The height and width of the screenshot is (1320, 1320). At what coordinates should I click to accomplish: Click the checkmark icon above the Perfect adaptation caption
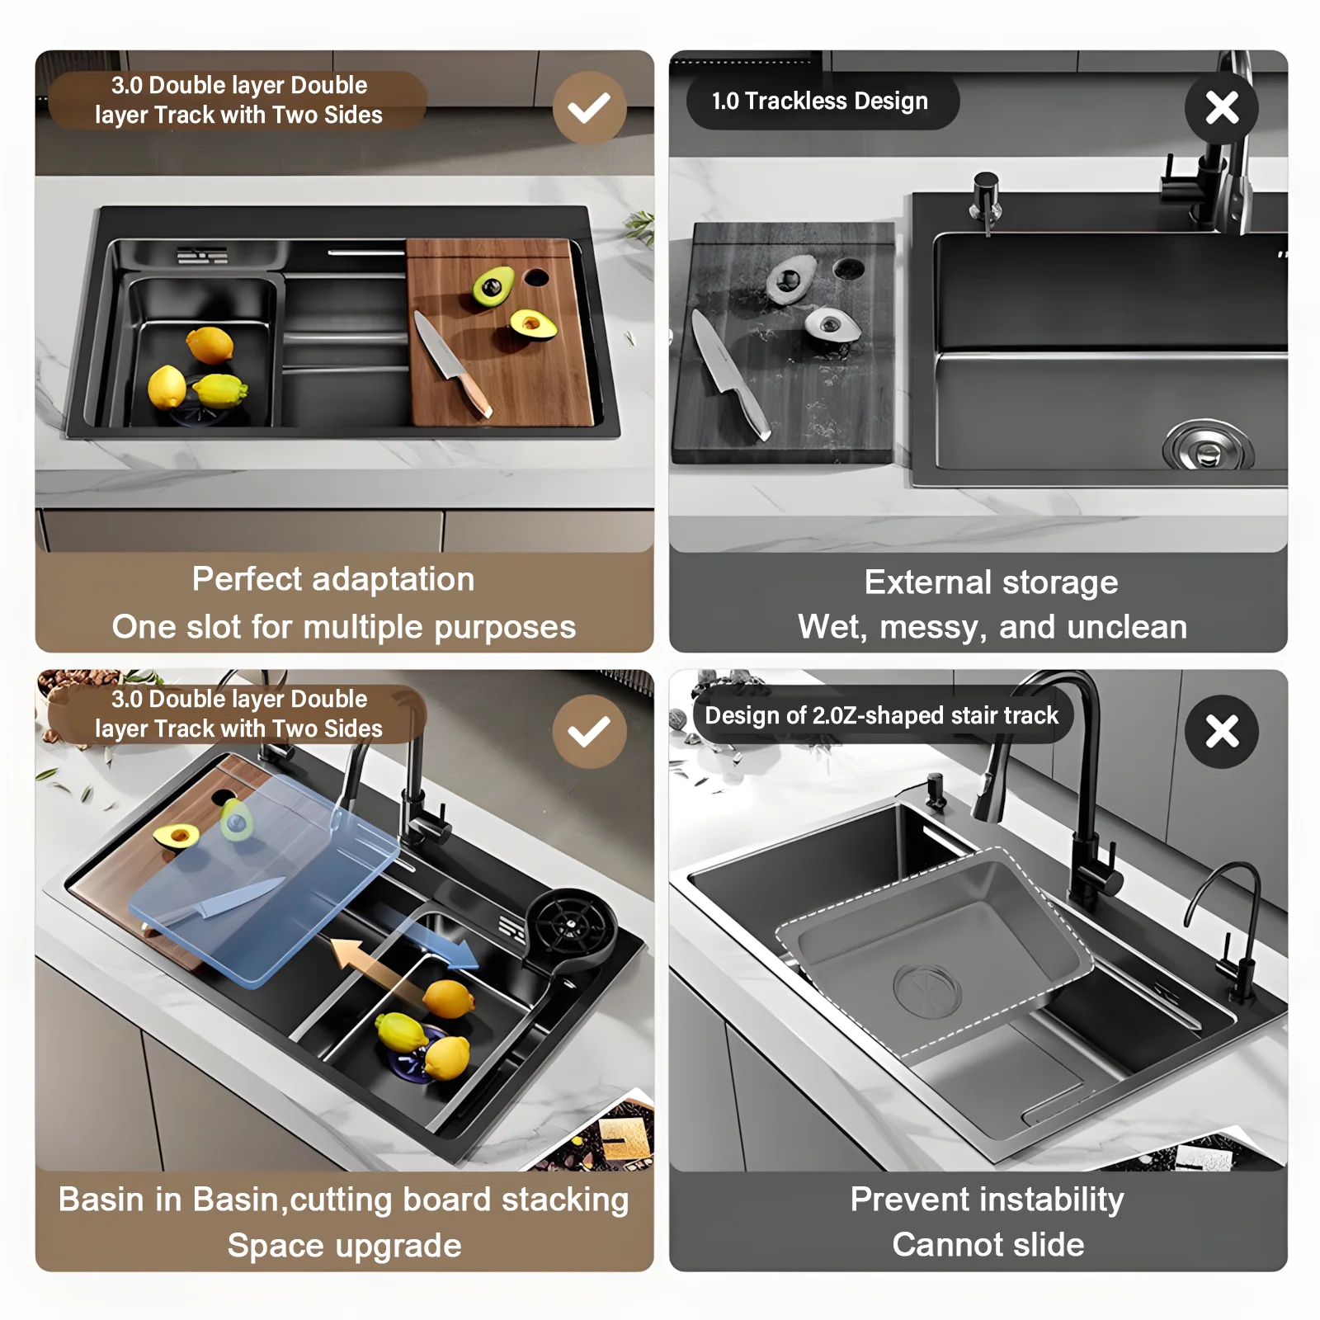click(x=589, y=108)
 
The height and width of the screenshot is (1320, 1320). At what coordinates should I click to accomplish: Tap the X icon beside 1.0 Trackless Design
click(x=1222, y=108)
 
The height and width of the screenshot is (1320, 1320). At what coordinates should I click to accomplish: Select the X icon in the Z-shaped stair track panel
click(x=1222, y=732)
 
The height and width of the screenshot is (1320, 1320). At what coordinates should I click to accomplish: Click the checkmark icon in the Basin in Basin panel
click(x=589, y=732)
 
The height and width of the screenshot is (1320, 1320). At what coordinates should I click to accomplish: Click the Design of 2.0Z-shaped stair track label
click(x=882, y=715)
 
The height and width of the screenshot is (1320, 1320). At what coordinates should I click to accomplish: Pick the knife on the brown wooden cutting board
click(x=451, y=364)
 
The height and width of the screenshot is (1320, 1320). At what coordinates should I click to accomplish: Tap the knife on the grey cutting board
click(x=729, y=375)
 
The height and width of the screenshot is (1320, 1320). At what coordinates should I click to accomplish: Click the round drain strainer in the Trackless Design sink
click(x=1208, y=447)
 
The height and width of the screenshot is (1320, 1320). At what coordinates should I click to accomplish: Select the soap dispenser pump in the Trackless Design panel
click(x=986, y=200)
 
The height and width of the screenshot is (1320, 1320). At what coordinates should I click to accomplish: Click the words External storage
click(x=991, y=582)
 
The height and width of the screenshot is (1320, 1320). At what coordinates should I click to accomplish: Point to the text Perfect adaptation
click(x=333, y=579)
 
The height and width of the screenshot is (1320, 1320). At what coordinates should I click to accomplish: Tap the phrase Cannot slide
click(x=988, y=1244)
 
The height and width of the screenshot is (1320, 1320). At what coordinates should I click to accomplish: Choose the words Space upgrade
click(x=344, y=1246)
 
